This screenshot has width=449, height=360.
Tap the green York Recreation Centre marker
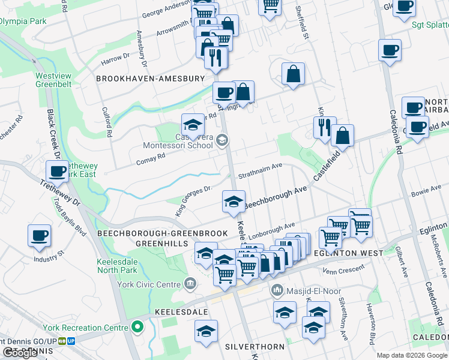coord(137,328)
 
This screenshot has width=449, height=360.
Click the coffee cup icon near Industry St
coord(39,235)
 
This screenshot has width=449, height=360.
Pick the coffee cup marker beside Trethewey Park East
coord(57,171)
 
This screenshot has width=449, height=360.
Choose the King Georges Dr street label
coord(194,194)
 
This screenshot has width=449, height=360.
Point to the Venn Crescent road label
coord(343,271)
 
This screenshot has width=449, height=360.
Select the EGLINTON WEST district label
coord(348,253)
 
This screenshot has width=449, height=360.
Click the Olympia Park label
coord(23,21)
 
